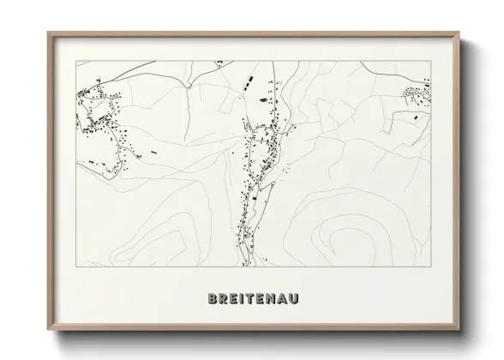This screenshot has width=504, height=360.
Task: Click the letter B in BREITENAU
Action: (212, 300)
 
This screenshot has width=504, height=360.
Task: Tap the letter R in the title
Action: (223, 300)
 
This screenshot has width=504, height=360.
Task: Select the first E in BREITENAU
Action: (233, 300)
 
